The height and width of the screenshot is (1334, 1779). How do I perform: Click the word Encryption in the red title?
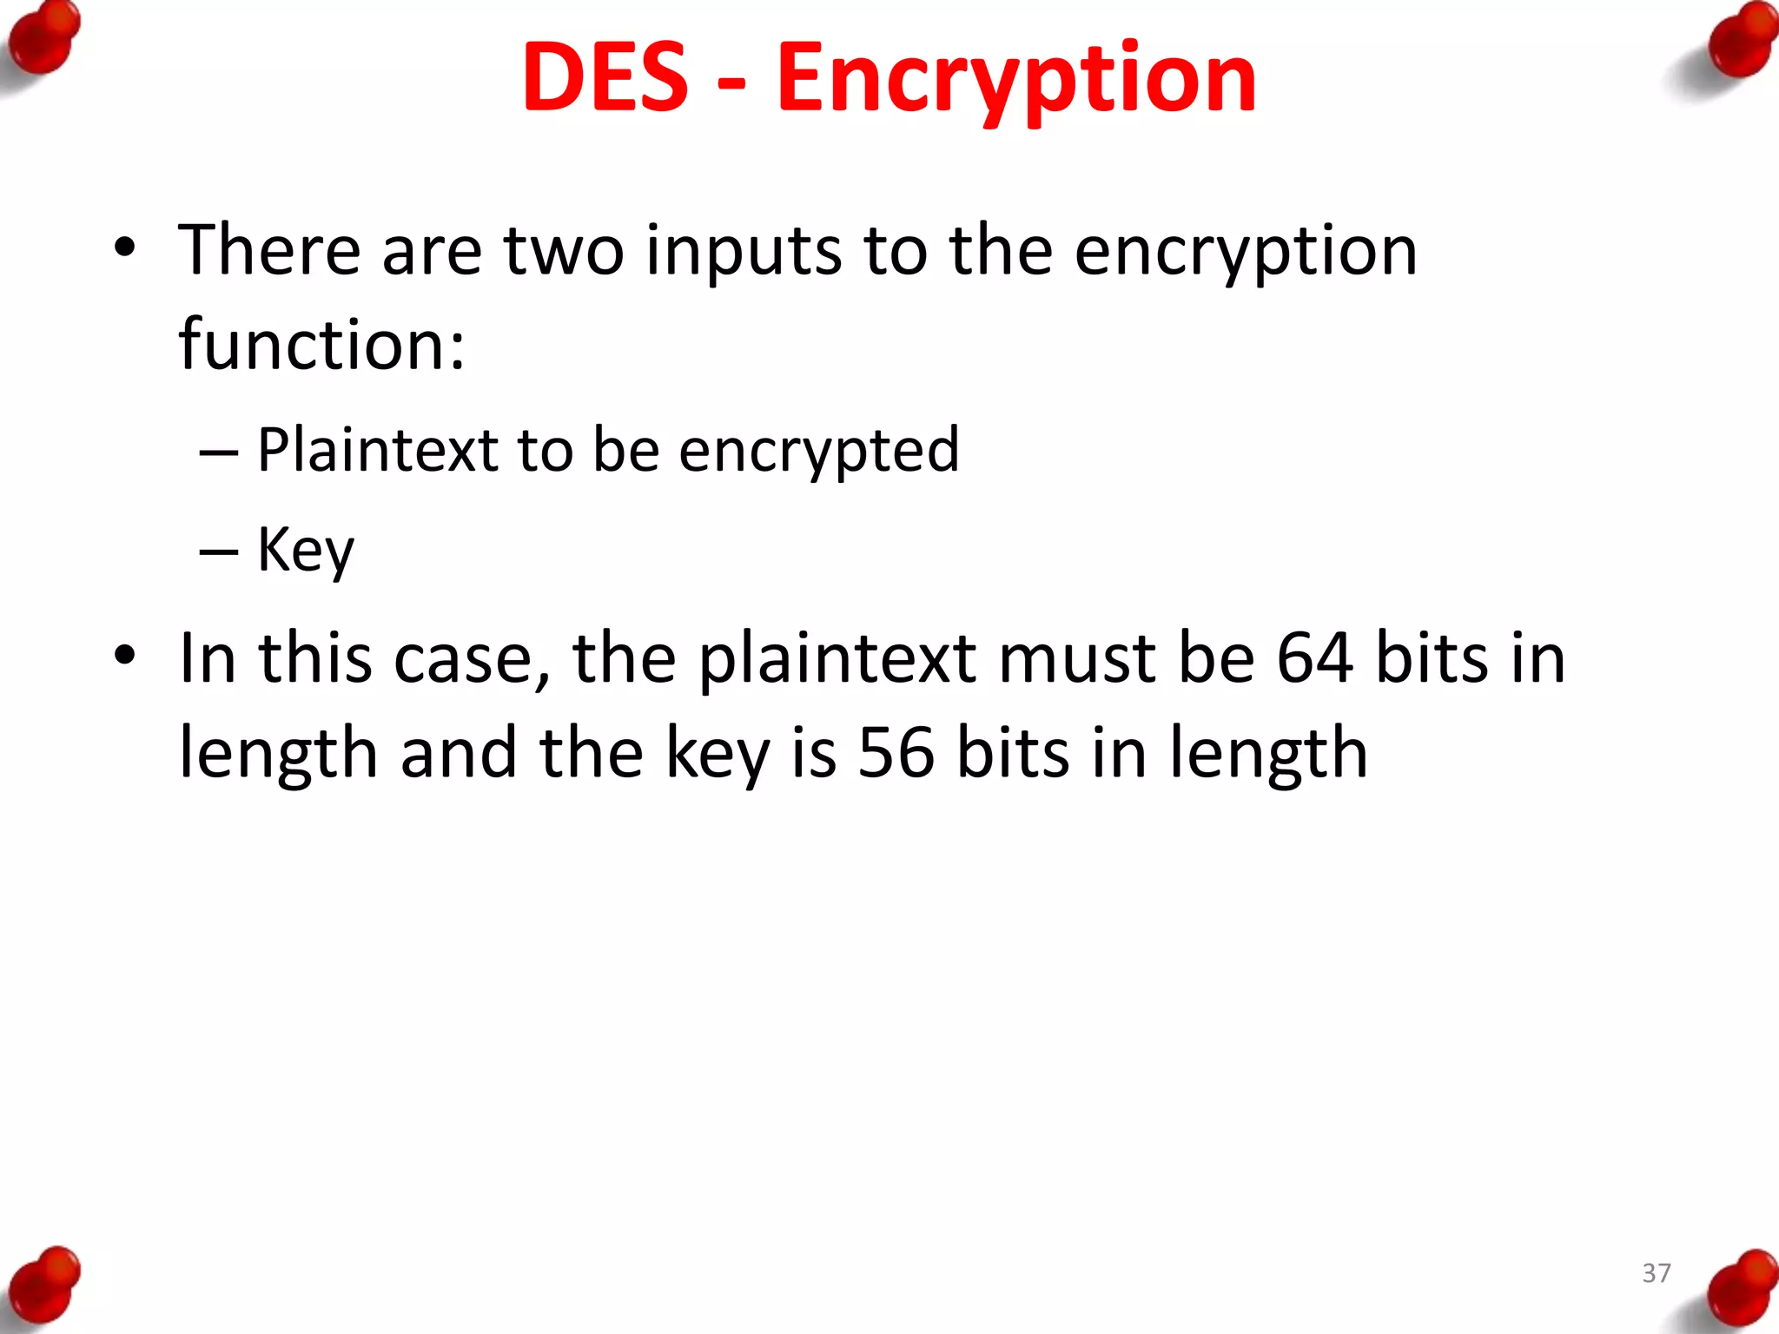(1015, 80)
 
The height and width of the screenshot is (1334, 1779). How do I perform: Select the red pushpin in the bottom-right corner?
(1741, 1289)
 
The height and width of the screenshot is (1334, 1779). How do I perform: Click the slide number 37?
(1657, 1273)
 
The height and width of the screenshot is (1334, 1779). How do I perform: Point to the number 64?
(1314, 658)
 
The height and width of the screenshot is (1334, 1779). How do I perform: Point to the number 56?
(896, 752)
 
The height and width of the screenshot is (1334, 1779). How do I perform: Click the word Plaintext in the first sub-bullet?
(378, 450)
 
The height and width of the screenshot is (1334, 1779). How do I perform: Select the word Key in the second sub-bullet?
(306, 550)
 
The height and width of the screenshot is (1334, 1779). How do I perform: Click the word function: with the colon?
(321, 345)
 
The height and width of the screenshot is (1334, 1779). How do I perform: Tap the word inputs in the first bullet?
(744, 251)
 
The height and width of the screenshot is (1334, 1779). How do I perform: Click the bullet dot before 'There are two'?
(125, 248)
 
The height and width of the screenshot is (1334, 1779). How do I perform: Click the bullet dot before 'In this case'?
(125, 657)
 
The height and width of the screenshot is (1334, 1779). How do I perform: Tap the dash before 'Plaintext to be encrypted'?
(218, 453)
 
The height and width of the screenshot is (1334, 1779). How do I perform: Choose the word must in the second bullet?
(1075, 658)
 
